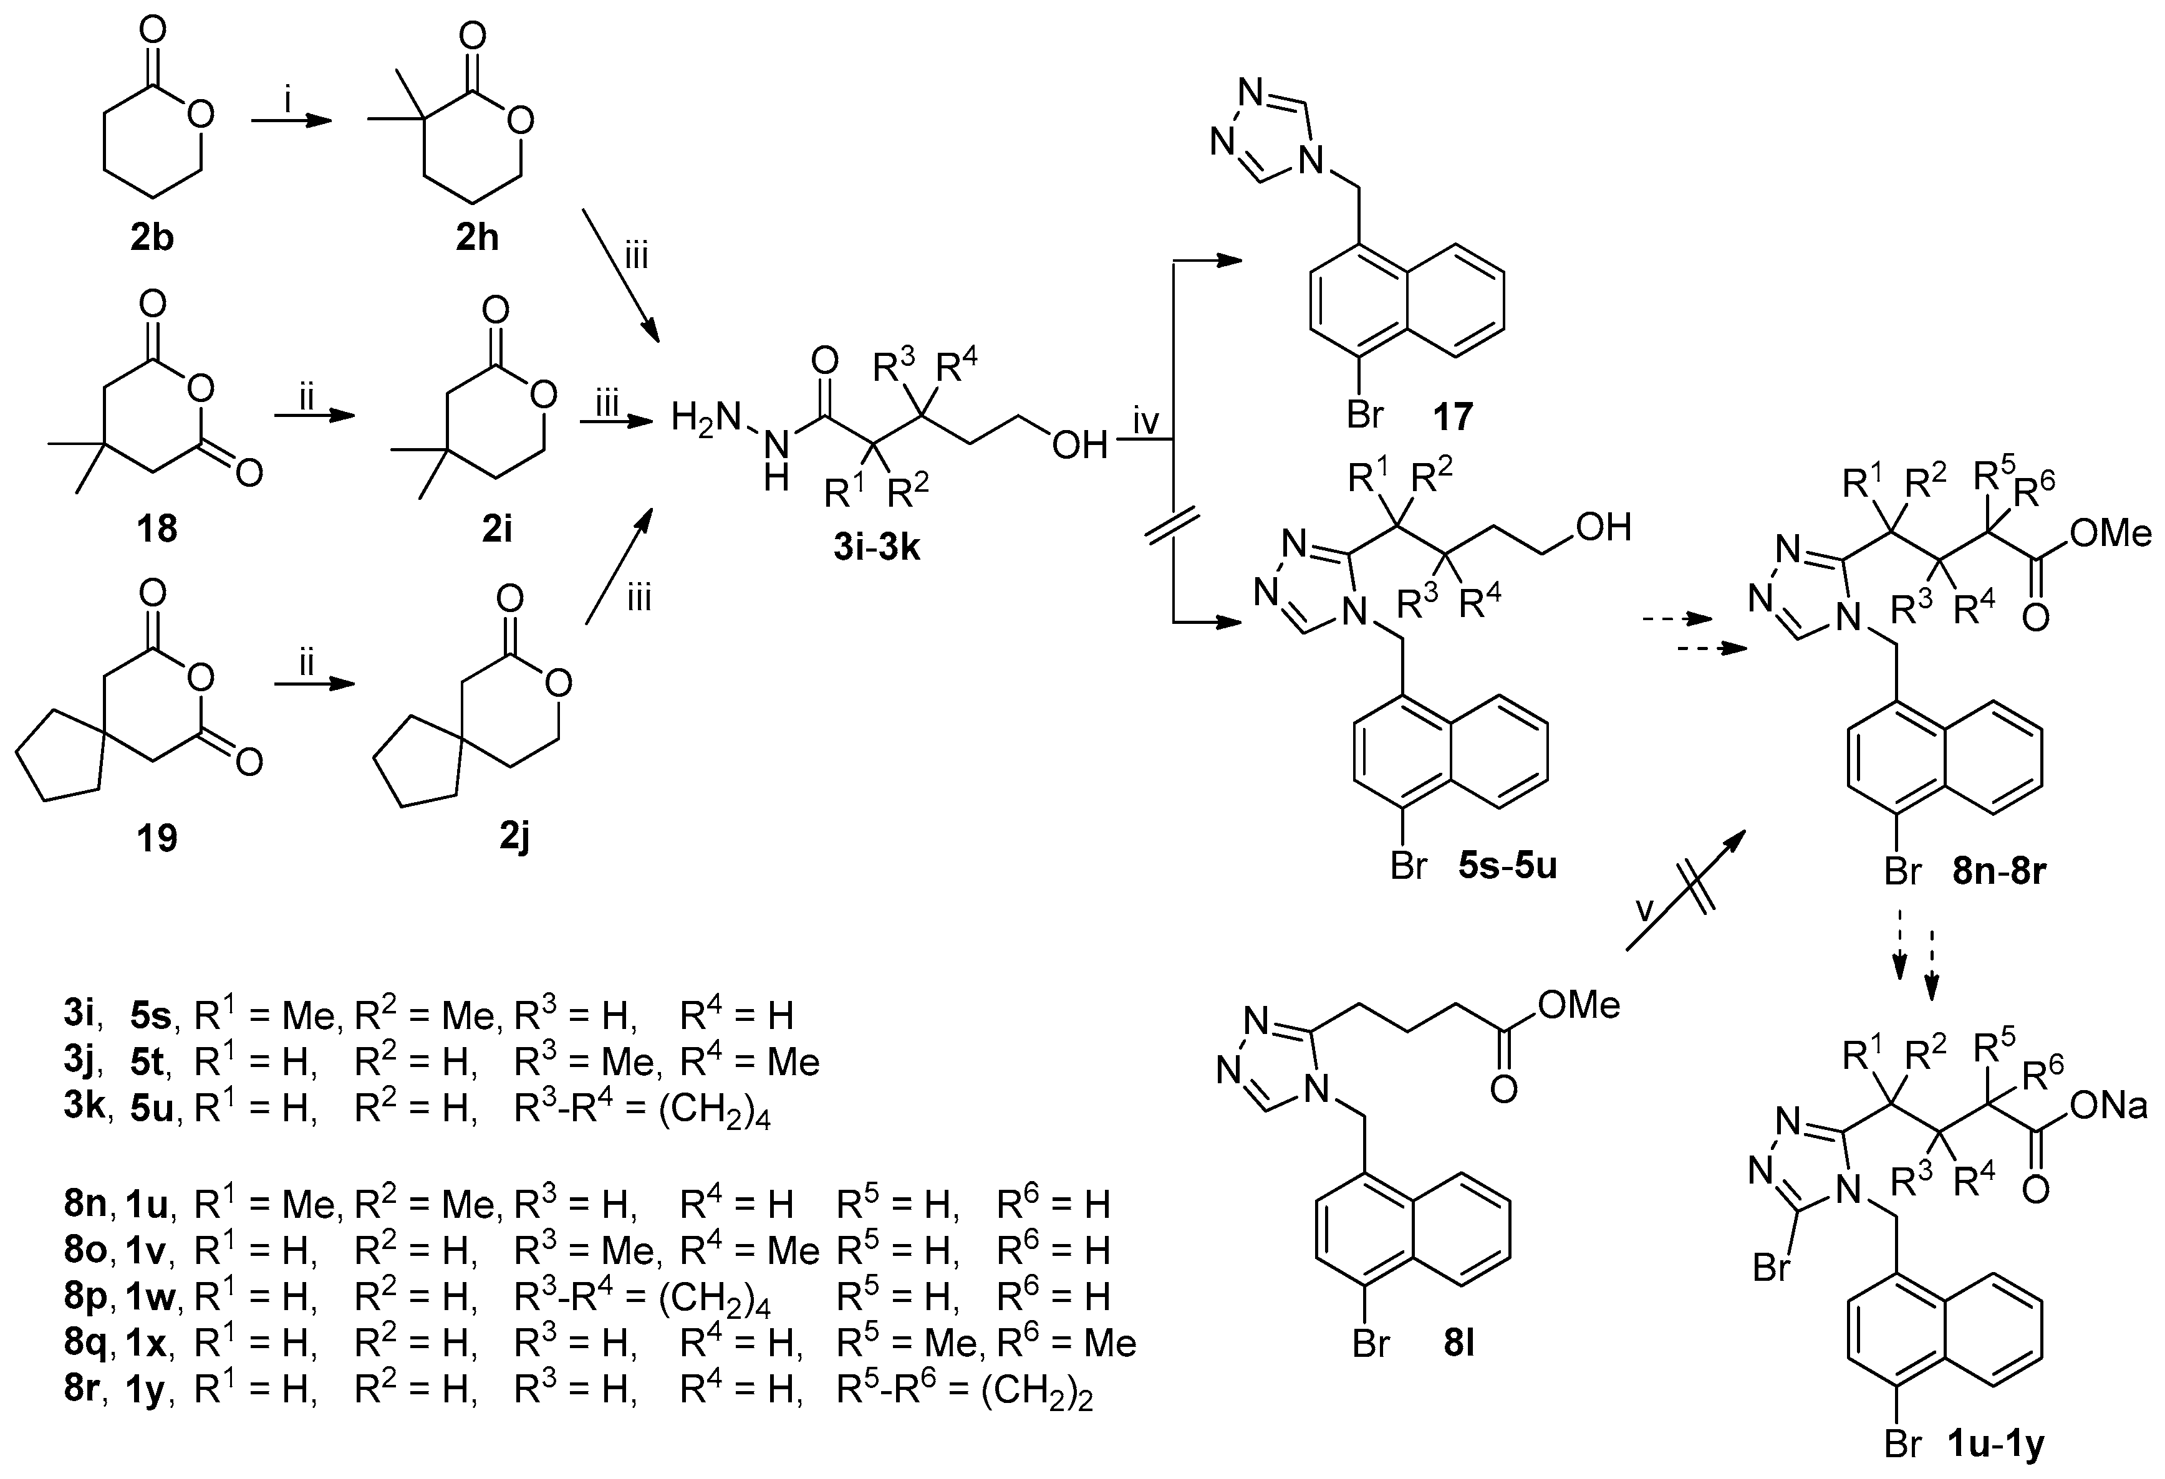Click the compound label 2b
point(152,239)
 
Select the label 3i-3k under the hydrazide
point(877,548)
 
